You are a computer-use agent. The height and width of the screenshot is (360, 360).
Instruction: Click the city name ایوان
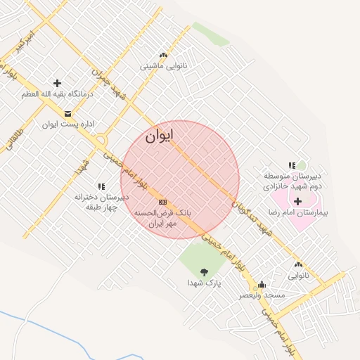click(160, 137)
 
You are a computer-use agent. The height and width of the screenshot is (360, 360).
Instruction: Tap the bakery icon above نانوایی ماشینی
click(163, 56)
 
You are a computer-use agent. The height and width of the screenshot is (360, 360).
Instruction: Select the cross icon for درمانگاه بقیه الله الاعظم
click(57, 83)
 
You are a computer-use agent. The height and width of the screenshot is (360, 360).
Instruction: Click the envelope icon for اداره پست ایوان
click(67, 114)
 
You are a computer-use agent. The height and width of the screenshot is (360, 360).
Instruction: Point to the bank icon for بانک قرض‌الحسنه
click(163, 202)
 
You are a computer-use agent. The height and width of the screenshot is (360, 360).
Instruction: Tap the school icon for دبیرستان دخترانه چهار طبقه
click(101, 186)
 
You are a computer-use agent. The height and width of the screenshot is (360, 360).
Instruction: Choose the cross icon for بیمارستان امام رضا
click(298, 201)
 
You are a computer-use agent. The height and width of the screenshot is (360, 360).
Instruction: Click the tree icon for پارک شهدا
click(204, 271)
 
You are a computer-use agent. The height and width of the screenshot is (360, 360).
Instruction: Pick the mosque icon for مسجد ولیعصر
click(262, 285)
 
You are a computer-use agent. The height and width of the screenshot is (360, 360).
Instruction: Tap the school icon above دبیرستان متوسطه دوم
click(292, 165)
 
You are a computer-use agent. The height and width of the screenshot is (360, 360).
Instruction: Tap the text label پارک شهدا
click(204, 282)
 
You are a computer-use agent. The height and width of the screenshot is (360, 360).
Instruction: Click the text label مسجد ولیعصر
click(262, 295)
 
